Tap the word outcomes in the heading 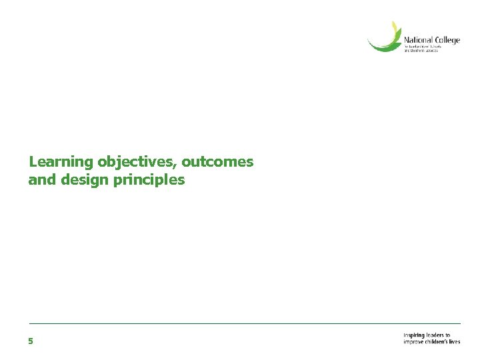(x=218, y=162)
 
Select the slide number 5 (x=31, y=341)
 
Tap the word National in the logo (x=418, y=41)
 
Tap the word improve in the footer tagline (x=414, y=341)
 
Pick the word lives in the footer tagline (x=455, y=341)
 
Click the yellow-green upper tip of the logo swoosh (x=395, y=27)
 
